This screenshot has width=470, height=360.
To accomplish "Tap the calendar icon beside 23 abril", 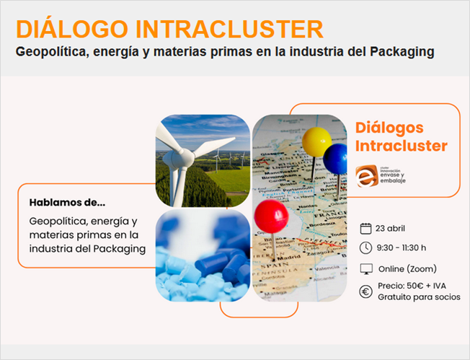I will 365,228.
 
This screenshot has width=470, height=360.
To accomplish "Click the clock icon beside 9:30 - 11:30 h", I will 365,248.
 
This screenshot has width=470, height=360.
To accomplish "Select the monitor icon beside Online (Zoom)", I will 365,269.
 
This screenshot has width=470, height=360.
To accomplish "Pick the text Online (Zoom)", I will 407,269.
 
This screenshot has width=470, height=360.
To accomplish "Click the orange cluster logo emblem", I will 366,175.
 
